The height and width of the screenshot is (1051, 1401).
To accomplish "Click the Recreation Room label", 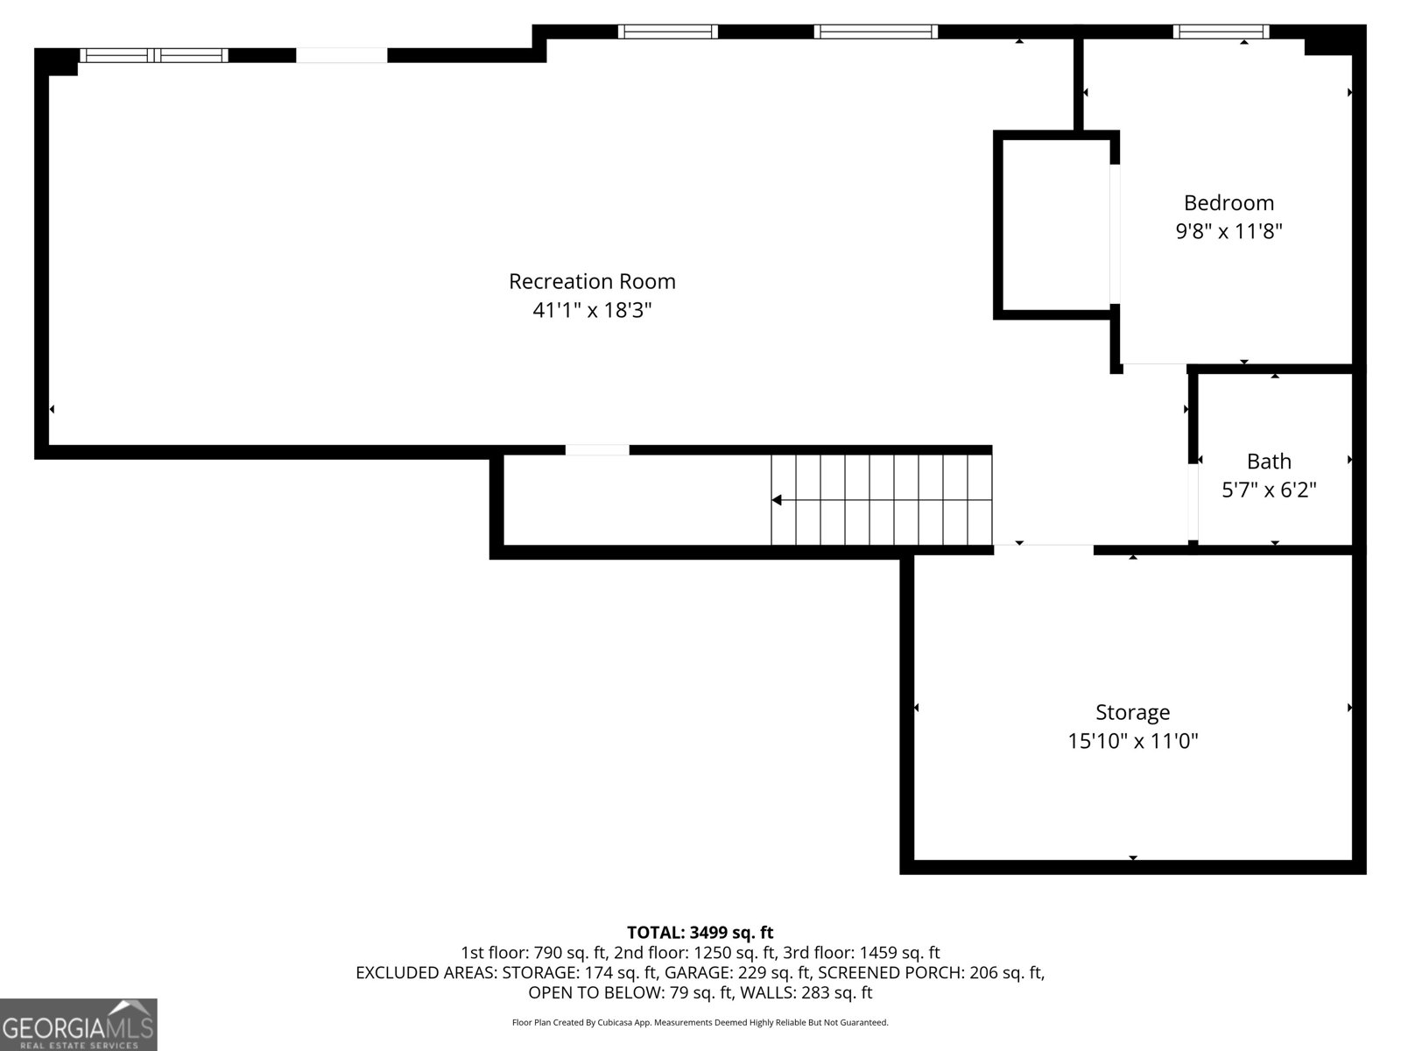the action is coord(592,281).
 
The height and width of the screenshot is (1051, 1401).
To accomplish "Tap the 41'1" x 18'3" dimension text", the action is coord(592,310).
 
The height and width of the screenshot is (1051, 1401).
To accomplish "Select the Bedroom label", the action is coord(1229,203).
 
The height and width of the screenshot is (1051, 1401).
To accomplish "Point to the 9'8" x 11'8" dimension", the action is coord(1229,231).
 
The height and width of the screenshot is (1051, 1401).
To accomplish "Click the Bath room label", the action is coord(1269,462).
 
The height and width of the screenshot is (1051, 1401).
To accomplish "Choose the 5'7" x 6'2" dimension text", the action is coord(1269,490).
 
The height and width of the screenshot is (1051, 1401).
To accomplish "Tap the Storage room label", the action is coord(1133,712).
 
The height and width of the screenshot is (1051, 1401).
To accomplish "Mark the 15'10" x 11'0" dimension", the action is coord(1133,741).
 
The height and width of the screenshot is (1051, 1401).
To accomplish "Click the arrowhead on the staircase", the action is coord(777,499).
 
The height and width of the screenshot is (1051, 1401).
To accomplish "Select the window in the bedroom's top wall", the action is coord(1221,32).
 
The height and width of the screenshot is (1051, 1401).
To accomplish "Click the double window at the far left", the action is coord(154,55).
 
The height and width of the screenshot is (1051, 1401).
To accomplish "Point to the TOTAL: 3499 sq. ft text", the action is coord(700,932).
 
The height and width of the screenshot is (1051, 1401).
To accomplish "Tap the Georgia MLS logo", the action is coord(79,1024).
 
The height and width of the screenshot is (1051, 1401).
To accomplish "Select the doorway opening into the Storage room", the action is coord(1044,549).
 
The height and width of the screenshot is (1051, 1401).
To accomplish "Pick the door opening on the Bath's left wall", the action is coord(1193,502).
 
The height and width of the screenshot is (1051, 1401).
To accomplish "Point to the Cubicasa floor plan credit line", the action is coord(700,1022).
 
